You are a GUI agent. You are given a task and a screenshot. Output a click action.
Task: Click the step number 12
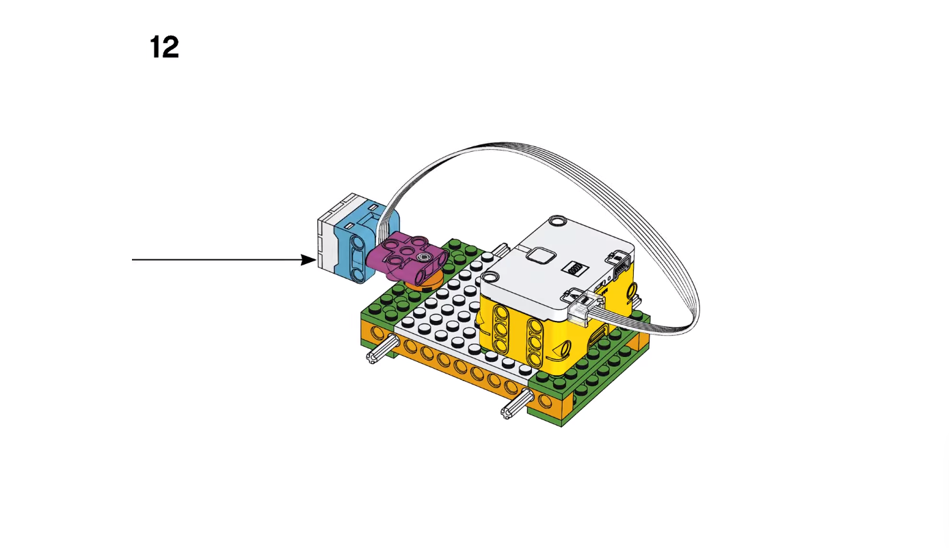coord(164,47)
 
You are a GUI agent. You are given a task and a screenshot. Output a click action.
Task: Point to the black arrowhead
coord(308,260)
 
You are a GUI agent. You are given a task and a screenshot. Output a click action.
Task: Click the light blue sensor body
coord(364,242)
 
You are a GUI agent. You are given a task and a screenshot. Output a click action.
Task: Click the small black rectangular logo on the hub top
coord(575,268)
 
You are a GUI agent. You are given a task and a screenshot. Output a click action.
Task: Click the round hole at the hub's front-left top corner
coord(490,278)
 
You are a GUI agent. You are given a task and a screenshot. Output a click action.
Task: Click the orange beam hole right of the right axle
coord(545,400)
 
